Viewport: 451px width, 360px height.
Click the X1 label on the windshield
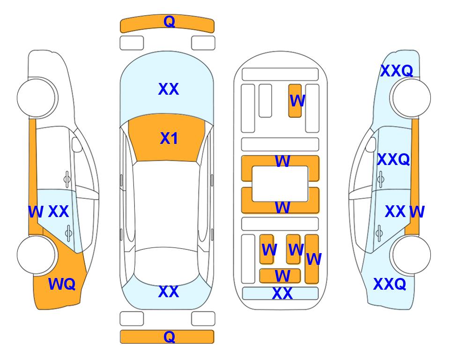tap(169, 138)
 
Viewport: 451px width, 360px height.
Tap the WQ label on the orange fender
tap(62, 284)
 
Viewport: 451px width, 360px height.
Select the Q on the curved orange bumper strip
tap(169, 22)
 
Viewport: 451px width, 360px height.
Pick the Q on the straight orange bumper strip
tap(169, 337)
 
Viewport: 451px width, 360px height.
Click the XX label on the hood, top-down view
tap(169, 89)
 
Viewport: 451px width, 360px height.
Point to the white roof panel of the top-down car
tap(166, 206)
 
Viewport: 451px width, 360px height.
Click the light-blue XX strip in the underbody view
tap(281, 293)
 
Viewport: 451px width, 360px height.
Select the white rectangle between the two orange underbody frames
tap(280, 184)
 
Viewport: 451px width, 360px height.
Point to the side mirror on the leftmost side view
tap(76, 144)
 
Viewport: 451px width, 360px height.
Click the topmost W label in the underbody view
tap(297, 101)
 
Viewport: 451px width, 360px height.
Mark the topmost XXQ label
tap(397, 71)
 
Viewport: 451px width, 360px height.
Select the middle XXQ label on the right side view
tap(393, 159)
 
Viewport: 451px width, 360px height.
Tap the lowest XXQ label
tap(390, 284)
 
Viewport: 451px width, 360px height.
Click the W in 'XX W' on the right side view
tap(417, 212)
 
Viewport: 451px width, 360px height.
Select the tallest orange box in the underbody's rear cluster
tap(312, 259)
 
